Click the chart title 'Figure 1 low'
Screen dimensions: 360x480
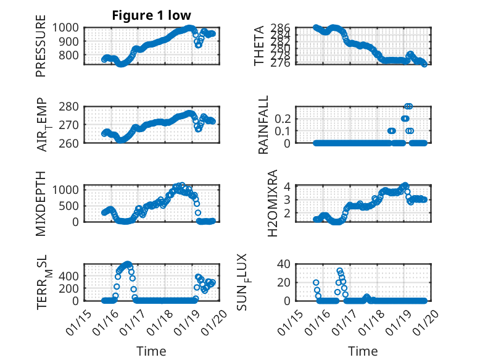click(151, 15)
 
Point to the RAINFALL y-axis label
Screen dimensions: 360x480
click(263, 125)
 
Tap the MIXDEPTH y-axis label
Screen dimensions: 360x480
click(41, 204)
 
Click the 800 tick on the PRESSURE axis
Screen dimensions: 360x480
click(70, 55)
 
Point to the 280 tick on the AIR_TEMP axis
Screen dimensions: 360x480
click(70, 106)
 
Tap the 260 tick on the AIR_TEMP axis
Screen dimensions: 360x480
click(70, 143)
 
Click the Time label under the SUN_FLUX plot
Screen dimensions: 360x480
click(363, 351)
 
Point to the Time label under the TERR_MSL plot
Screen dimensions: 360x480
click(151, 351)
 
